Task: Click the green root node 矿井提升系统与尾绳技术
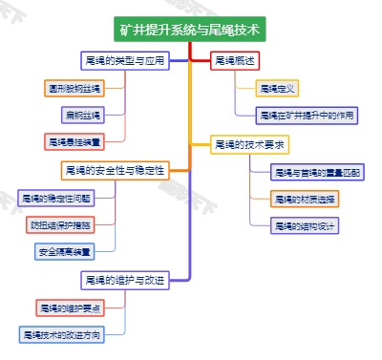[191, 29]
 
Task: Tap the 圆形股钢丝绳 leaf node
[74, 88]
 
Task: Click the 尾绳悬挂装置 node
[74, 141]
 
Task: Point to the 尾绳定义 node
[277, 88]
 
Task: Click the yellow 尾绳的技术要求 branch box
[249, 144]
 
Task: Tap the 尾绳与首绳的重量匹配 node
[316, 173]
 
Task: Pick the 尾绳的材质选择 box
[304, 200]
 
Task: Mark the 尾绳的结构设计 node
[304, 226]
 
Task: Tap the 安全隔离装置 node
[64, 252]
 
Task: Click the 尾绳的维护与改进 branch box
[125, 280]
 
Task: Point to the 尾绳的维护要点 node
[70, 307]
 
